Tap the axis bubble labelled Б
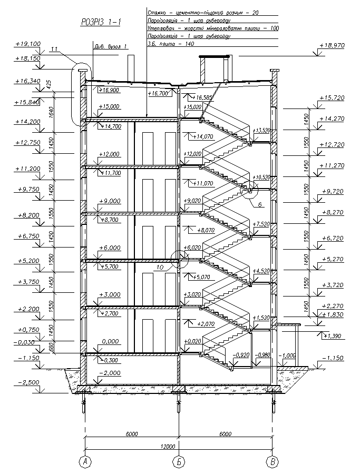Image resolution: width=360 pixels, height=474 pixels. (178, 462)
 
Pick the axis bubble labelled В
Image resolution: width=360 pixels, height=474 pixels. (272, 462)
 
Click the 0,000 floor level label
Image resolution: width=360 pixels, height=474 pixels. (110, 341)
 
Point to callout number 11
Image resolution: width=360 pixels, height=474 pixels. (54, 50)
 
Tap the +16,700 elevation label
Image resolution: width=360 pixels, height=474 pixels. (159, 93)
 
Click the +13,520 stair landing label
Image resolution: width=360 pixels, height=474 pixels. (262, 130)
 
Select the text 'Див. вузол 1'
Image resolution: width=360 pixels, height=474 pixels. (111, 46)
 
